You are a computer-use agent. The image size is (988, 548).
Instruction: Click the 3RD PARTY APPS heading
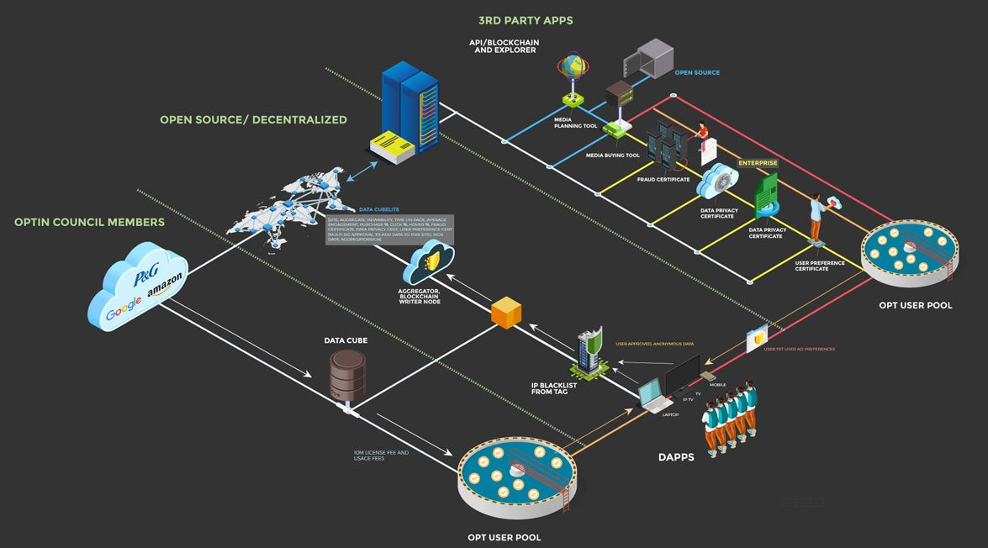tap(526, 20)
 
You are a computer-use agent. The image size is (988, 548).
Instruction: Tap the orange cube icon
tap(506, 312)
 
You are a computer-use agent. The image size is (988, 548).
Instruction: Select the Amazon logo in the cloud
tap(164, 289)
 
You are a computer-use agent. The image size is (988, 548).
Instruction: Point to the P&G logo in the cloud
tap(146, 277)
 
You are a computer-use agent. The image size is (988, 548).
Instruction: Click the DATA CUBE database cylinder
tap(347, 375)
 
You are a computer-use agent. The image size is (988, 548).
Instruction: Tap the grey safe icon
tap(648, 59)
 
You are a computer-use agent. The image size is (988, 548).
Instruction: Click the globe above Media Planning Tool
tap(573, 66)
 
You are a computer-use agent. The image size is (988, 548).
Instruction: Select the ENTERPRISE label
tap(758, 163)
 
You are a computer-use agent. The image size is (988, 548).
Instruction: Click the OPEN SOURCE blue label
tap(697, 73)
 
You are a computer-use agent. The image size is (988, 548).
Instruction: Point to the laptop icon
tap(653, 396)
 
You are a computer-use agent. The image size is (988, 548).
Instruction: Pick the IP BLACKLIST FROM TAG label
tap(554, 388)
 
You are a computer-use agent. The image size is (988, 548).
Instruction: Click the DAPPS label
tap(676, 457)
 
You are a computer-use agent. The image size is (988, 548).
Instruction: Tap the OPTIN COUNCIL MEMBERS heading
tap(89, 223)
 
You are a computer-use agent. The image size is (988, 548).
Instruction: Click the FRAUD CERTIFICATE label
tap(663, 180)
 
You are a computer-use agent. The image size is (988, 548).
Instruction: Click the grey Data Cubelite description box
tap(390, 229)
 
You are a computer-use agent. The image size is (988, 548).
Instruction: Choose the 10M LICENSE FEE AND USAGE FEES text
tap(381, 455)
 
